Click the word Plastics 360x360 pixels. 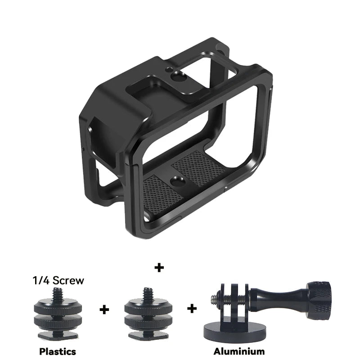(58, 351)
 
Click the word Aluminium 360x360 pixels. (239, 351)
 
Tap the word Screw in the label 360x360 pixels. (68, 280)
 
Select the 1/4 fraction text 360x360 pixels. (41, 280)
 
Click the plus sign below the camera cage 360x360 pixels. (159, 267)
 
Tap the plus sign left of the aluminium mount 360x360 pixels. (192, 309)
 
